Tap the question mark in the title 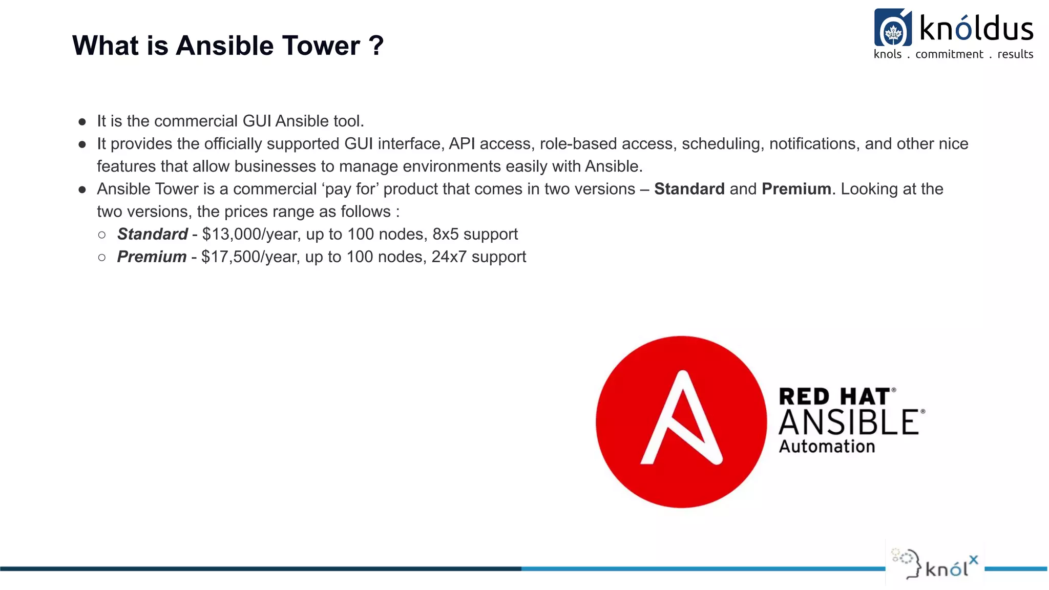376,46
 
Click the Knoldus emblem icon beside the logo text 893,28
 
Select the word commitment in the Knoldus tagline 949,54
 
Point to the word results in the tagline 1015,54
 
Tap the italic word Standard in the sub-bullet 152,234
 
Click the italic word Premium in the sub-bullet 152,257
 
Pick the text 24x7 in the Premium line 449,257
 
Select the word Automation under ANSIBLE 827,446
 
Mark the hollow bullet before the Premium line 102,257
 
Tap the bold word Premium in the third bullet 796,189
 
